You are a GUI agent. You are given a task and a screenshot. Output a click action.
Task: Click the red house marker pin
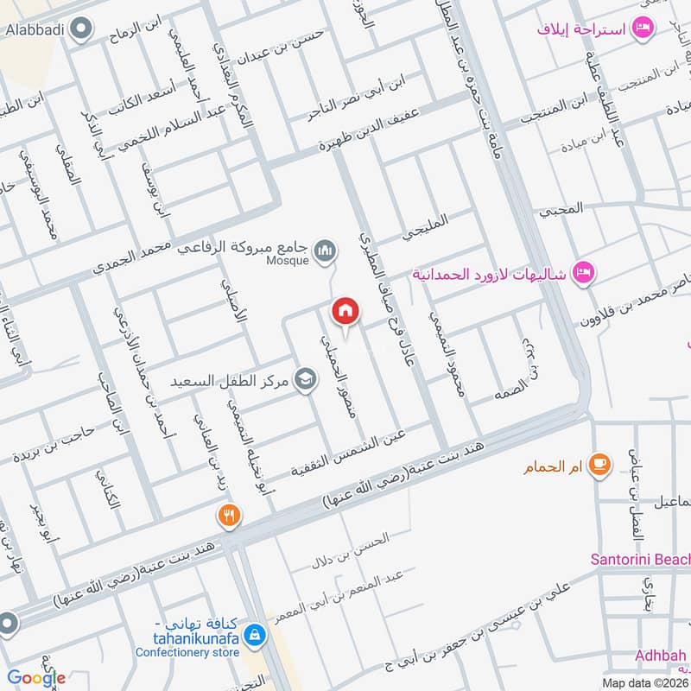click(x=345, y=311)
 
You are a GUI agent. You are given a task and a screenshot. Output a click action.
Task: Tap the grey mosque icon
click(x=325, y=250)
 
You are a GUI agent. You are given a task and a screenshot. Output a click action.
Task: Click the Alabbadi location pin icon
click(x=82, y=32)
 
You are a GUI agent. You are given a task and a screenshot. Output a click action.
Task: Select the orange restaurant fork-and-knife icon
click(x=229, y=517)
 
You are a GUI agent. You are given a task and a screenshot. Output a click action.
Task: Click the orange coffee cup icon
click(x=599, y=466)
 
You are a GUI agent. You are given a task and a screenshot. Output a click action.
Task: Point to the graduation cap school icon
click(x=304, y=380)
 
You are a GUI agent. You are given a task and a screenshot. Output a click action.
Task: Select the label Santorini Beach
click(x=640, y=559)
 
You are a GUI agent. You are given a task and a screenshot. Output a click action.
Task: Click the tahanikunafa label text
click(x=188, y=637)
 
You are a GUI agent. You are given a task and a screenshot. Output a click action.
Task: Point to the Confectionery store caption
click(x=187, y=652)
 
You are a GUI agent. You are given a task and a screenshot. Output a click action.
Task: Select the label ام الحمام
click(x=550, y=468)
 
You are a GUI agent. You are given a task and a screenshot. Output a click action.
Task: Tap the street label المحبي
click(x=561, y=208)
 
